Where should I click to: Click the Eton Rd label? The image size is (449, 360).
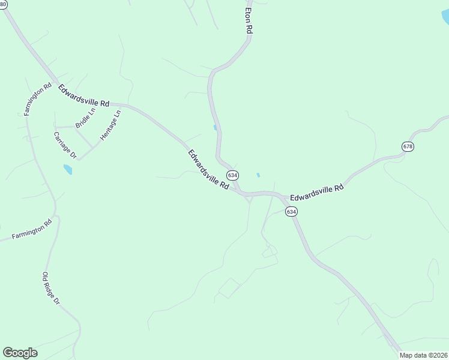[x=248, y=22]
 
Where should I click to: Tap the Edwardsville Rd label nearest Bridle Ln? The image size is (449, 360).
[x=84, y=96]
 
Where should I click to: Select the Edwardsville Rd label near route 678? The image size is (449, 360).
[x=316, y=192]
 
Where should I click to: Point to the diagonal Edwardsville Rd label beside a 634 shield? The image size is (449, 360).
[x=208, y=170]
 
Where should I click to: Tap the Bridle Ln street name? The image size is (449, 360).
[x=85, y=118]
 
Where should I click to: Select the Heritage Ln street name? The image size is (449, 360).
[x=111, y=125]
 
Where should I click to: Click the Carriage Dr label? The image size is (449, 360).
[x=65, y=145]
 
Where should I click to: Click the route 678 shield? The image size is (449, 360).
[x=408, y=146]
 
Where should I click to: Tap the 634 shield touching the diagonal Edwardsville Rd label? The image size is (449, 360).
[x=232, y=175]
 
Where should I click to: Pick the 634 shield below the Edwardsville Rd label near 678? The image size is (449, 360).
[x=291, y=211]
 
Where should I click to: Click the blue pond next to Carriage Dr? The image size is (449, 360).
[x=68, y=170]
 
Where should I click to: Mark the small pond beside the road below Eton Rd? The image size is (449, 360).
[x=215, y=127]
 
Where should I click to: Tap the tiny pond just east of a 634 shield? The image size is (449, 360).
[x=258, y=175]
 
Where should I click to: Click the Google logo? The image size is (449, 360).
[x=20, y=353]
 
